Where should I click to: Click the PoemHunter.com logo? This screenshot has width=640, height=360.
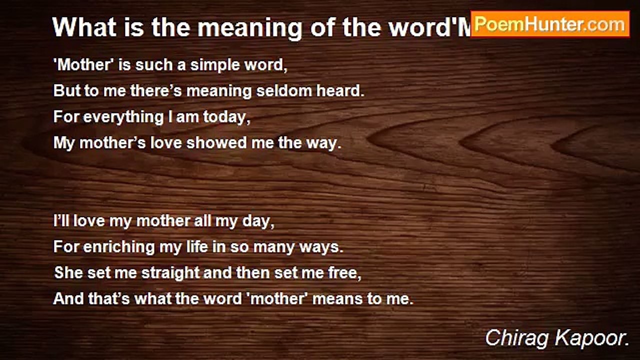[x=550, y=24]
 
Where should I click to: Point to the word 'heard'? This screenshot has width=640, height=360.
[x=341, y=91]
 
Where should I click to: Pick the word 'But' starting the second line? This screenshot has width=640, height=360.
[x=65, y=91]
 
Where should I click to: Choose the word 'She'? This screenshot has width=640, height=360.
[x=67, y=273]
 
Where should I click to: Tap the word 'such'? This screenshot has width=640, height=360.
[x=145, y=65]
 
